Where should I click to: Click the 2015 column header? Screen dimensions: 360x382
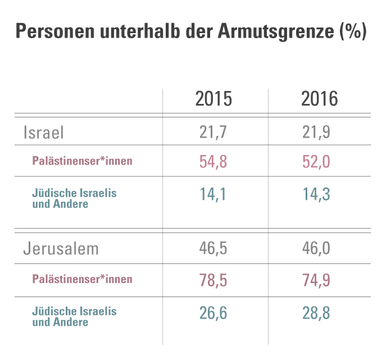point(213,99)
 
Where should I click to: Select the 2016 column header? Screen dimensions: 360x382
point(320,99)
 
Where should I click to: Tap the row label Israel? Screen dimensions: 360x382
point(44,132)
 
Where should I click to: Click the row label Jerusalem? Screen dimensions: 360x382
point(61,249)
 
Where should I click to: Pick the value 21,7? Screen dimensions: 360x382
point(213,132)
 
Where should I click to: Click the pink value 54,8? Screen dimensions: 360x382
point(213,162)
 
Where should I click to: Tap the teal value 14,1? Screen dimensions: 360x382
point(213,194)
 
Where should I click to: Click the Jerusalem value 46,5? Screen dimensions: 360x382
point(213,249)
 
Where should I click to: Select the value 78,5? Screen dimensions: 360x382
point(213,280)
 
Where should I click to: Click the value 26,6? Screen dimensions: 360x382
point(213,312)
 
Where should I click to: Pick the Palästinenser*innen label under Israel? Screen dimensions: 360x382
point(82,161)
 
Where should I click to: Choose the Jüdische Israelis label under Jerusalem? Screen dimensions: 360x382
point(74,311)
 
